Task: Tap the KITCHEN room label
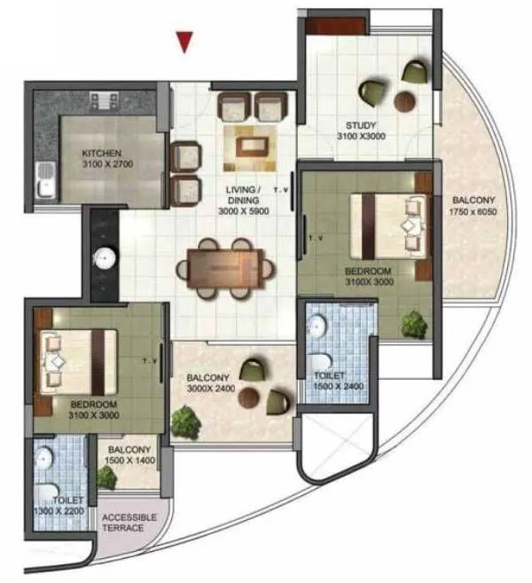pos(102,152)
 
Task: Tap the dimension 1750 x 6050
pos(470,214)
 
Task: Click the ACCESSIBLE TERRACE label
pos(129,523)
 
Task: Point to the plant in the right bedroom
pos(413,325)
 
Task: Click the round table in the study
pos(410,99)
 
